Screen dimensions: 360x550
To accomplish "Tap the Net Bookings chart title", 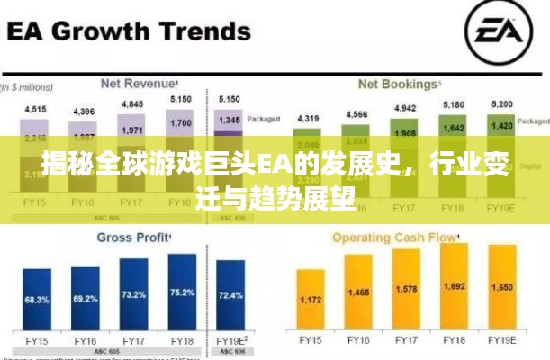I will pos(396,84).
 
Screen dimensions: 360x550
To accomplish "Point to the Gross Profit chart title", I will pos(133,238).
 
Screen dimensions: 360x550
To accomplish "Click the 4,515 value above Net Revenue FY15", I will pos(36,110).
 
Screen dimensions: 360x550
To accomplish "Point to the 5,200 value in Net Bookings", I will pos(503,105).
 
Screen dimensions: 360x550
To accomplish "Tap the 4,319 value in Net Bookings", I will pos(309,119).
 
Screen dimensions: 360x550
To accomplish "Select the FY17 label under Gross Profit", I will pos(133,341).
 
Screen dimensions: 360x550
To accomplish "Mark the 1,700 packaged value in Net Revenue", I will pos(181,122).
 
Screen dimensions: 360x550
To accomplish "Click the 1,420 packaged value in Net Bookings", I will pos(503,126).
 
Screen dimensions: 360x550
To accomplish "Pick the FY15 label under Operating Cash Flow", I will pos(311,341).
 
